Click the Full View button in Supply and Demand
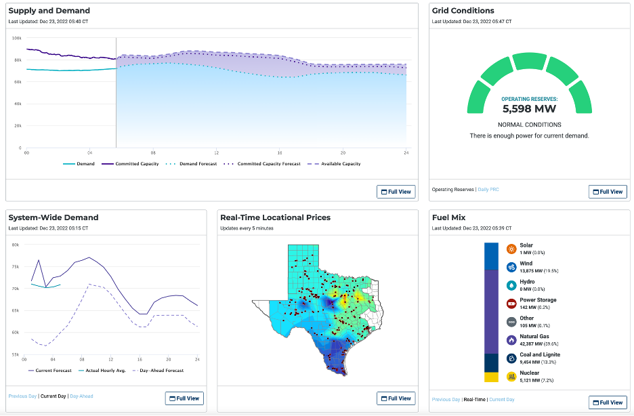[x=396, y=192]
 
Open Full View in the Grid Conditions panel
[x=608, y=192]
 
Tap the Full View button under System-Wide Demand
[x=184, y=398]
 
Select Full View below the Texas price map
[x=396, y=398]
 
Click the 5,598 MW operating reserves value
[x=529, y=108]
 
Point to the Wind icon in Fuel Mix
[x=511, y=267]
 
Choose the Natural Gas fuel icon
[x=511, y=340]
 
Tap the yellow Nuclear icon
[x=511, y=376]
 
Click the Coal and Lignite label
[x=540, y=354]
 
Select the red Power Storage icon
[x=511, y=304]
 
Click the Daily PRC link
[x=487, y=190]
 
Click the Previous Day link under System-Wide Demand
[x=22, y=396]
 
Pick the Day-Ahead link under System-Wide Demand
[x=82, y=396]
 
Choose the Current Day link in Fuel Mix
[x=502, y=400]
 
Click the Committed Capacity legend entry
[x=133, y=164]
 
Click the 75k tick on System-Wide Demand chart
[x=16, y=267]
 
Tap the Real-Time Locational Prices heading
[x=275, y=217]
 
